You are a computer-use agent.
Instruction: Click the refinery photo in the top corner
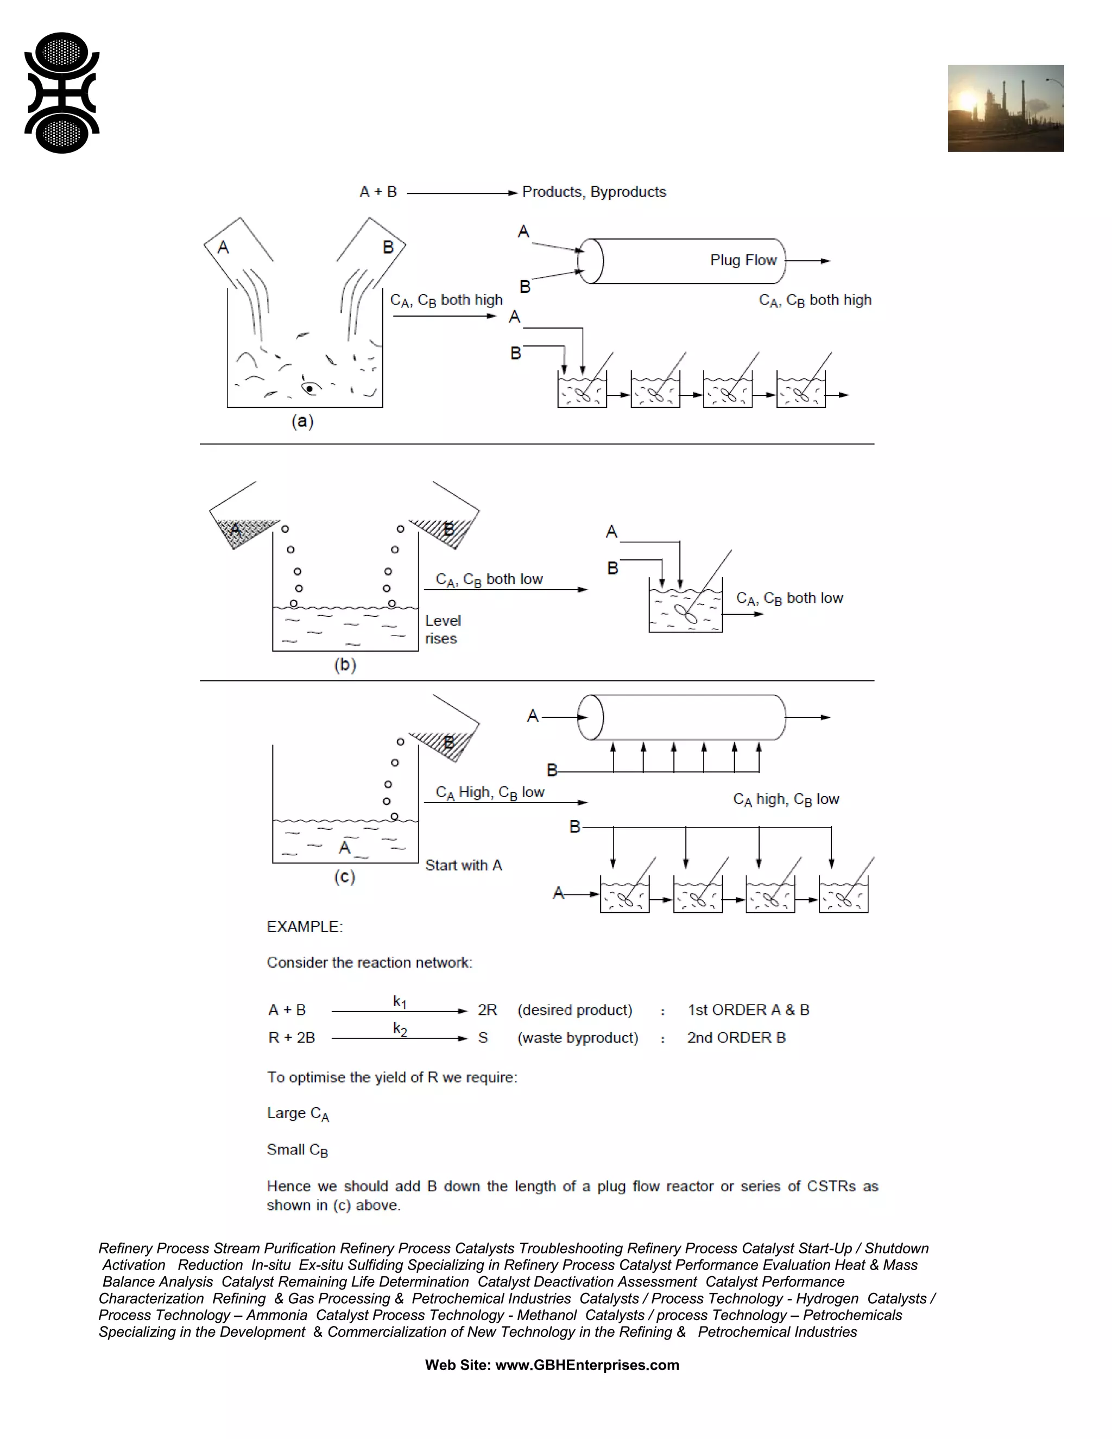(1005, 108)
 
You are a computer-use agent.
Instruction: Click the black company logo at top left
(61, 93)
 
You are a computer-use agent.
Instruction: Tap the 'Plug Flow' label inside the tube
(743, 260)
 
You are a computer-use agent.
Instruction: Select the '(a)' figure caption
(302, 421)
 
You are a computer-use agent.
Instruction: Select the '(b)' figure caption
(345, 664)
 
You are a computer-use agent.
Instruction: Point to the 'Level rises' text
(442, 629)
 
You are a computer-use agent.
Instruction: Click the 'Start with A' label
(463, 865)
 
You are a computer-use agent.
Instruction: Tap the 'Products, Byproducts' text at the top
(593, 192)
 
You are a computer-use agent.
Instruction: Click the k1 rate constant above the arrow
(400, 1002)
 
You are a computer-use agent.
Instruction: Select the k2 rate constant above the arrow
(400, 1029)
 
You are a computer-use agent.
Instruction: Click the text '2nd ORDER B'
(736, 1038)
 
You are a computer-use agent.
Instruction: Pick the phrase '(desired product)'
(574, 1010)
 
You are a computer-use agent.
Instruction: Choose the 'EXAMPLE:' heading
(305, 926)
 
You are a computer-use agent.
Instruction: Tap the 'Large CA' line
(297, 1114)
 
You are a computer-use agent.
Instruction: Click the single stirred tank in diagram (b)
(685, 606)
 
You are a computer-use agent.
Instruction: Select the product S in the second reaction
(483, 1038)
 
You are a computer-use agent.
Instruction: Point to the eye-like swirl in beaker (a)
(309, 388)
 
